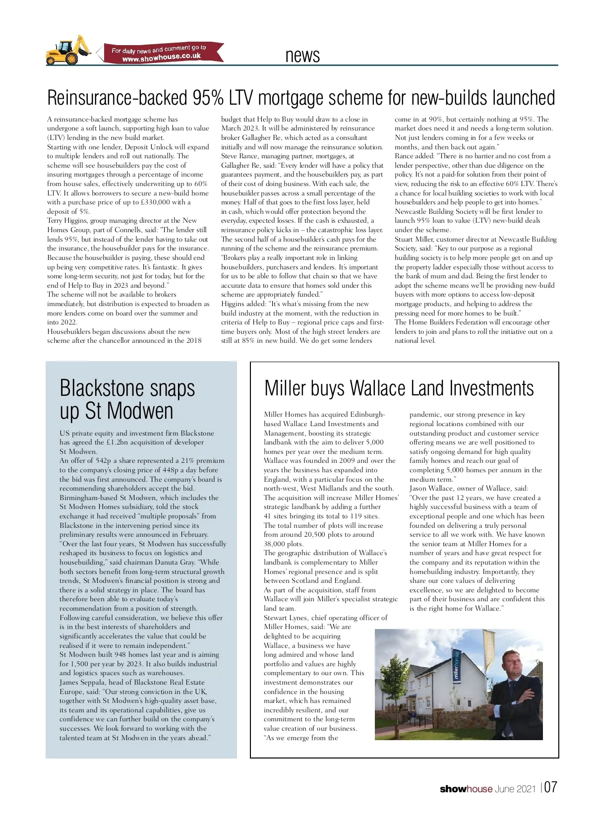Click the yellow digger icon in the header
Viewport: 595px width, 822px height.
tap(69, 50)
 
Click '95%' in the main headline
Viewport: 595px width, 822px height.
tap(208, 98)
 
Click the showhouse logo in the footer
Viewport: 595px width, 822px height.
tap(466, 789)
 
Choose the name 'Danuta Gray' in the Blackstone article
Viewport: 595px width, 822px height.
tap(175, 562)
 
